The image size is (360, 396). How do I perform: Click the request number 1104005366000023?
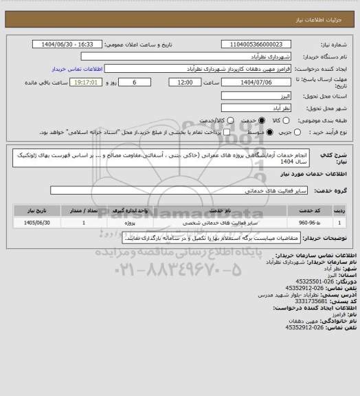(256, 45)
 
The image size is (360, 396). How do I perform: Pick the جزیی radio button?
(302, 132)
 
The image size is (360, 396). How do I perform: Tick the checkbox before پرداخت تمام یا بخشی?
(223, 132)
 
